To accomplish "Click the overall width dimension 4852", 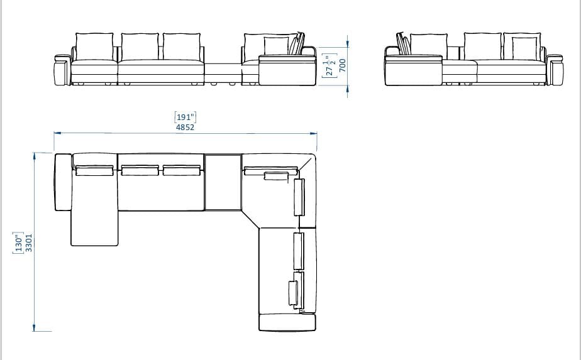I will tap(185, 127).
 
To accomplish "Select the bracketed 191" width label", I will tap(185, 116).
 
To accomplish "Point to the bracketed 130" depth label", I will tap(18, 242).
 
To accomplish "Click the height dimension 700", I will tap(343, 65).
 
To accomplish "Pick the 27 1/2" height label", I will tap(328, 65).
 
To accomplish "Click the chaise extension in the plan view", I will tap(95, 226).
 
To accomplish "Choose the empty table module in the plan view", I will tap(223, 182).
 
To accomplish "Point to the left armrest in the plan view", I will tap(62, 182).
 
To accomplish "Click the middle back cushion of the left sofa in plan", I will tap(140, 170).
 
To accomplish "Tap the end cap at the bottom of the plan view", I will tap(287, 323).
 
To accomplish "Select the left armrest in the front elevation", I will tap(62, 70).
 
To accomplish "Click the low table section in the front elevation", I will tap(223, 74).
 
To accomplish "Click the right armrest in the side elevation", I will tap(556, 70).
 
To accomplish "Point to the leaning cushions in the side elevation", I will tap(403, 44).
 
